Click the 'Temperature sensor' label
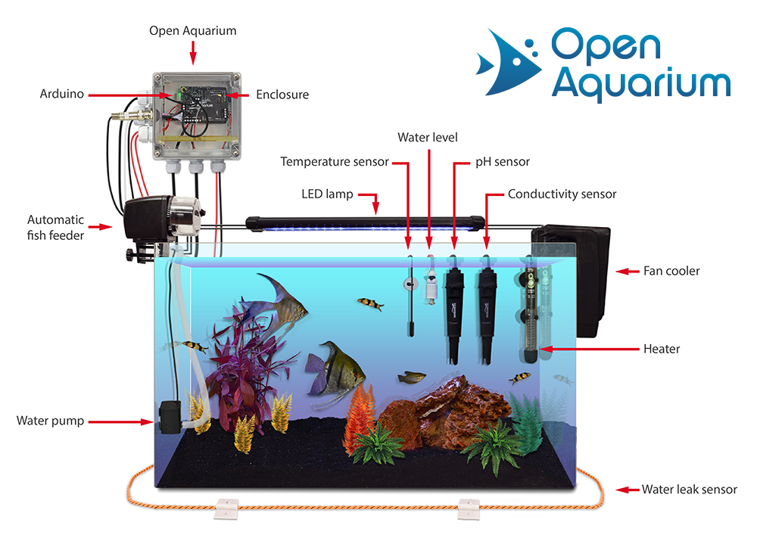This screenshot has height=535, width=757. pyautogui.click(x=335, y=162)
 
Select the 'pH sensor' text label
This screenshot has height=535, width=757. pyautogui.click(x=503, y=162)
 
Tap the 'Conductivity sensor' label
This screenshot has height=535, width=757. pyautogui.click(x=562, y=194)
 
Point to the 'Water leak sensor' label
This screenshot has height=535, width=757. pyautogui.click(x=690, y=490)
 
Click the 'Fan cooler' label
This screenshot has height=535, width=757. pyautogui.click(x=671, y=271)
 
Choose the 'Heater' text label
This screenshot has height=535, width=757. pyautogui.click(x=662, y=349)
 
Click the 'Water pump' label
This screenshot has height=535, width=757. pyautogui.click(x=50, y=421)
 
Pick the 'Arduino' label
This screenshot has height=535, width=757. pyautogui.click(x=62, y=94)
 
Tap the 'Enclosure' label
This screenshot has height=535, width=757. pyautogui.click(x=282, y=95)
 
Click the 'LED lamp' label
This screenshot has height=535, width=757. pyautogui.click(x=327, y=194)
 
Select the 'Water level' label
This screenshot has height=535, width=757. pyautogui.click(x=428, y=138)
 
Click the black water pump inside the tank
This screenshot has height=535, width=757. pyautogui.click(x=170, y=417)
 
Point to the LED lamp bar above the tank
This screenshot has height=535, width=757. pyautogui.click(x=365, y=223)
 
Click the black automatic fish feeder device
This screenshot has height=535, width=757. pyautogui.click(x=163, y=219)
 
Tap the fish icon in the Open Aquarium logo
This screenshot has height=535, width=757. pyautogui.click(x=508, y=62)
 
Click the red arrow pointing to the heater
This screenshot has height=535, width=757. pyautogui.click(x=589, y=349)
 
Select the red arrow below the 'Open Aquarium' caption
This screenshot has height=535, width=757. pyautogui.click(x=193, y=52)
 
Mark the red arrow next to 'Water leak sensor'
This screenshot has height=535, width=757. pyautogui.click(x=628, y=490)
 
